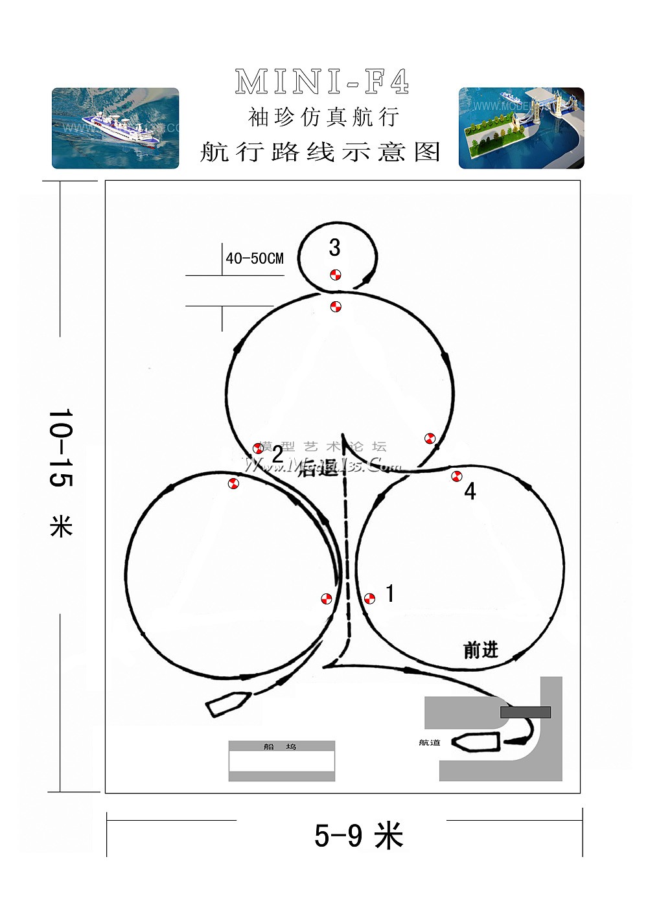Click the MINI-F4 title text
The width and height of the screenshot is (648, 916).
[322, 82]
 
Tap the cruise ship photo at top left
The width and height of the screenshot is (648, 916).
[115, 128]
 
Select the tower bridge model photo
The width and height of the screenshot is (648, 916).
[521, 128]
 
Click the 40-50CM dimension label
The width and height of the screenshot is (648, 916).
[255, 258]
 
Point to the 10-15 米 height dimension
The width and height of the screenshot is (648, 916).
[61, 473]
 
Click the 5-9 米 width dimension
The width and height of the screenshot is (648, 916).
[358, 835]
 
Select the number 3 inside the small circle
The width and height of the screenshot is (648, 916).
[334, 247]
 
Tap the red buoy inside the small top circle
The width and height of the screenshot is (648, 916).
[335, 275]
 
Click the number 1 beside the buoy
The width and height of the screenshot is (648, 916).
[389, 593]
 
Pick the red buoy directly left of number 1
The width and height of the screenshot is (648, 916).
[369, 599]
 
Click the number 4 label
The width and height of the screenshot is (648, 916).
[470, 492]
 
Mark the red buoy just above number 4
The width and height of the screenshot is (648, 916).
[457, 476]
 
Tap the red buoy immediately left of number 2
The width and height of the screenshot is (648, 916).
[258, 448]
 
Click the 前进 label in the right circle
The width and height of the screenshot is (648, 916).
[481, 650]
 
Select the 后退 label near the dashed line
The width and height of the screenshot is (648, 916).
[317, 468]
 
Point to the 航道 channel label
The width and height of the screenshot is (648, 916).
[430, 742]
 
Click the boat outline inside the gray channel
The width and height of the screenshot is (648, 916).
[476, 742]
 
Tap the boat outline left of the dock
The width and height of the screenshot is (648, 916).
[228, 704]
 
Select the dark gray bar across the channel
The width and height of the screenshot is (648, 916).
[526, 713]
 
